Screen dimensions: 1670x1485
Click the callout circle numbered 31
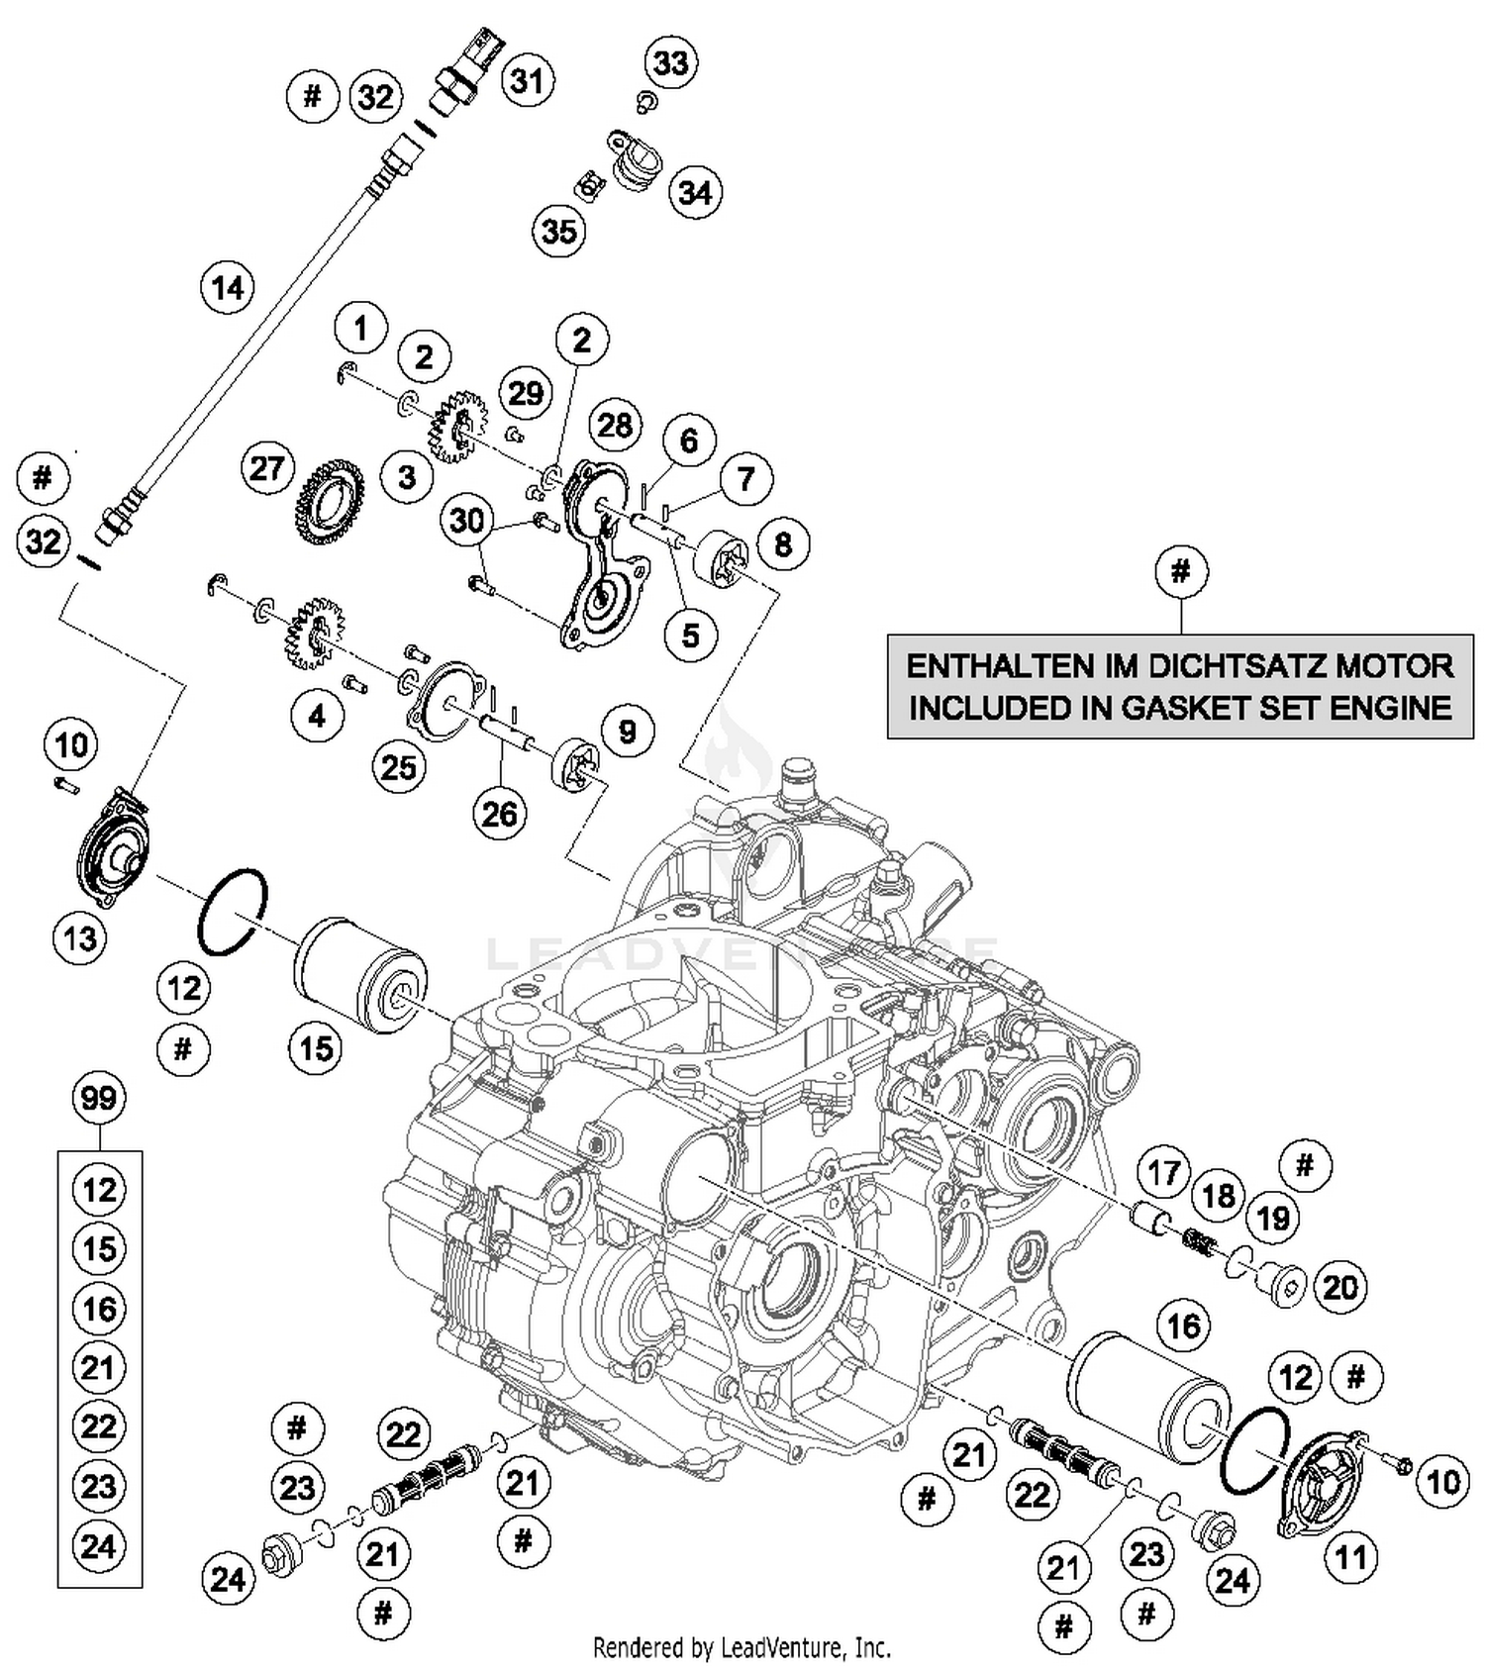[527, 80]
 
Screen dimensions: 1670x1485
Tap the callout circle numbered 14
[228, 288]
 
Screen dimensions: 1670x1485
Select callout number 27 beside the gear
[267, 468]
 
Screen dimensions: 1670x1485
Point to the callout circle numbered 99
[99, 1098]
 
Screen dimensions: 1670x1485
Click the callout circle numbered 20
[1340, 1287]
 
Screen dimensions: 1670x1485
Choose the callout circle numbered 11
[1350, 1557]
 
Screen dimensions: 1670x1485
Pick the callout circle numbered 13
[80, 936]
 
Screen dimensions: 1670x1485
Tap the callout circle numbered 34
[695, 192]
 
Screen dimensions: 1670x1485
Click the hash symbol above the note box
[1180, 571]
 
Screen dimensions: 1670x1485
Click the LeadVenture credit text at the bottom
[742, 1647]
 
